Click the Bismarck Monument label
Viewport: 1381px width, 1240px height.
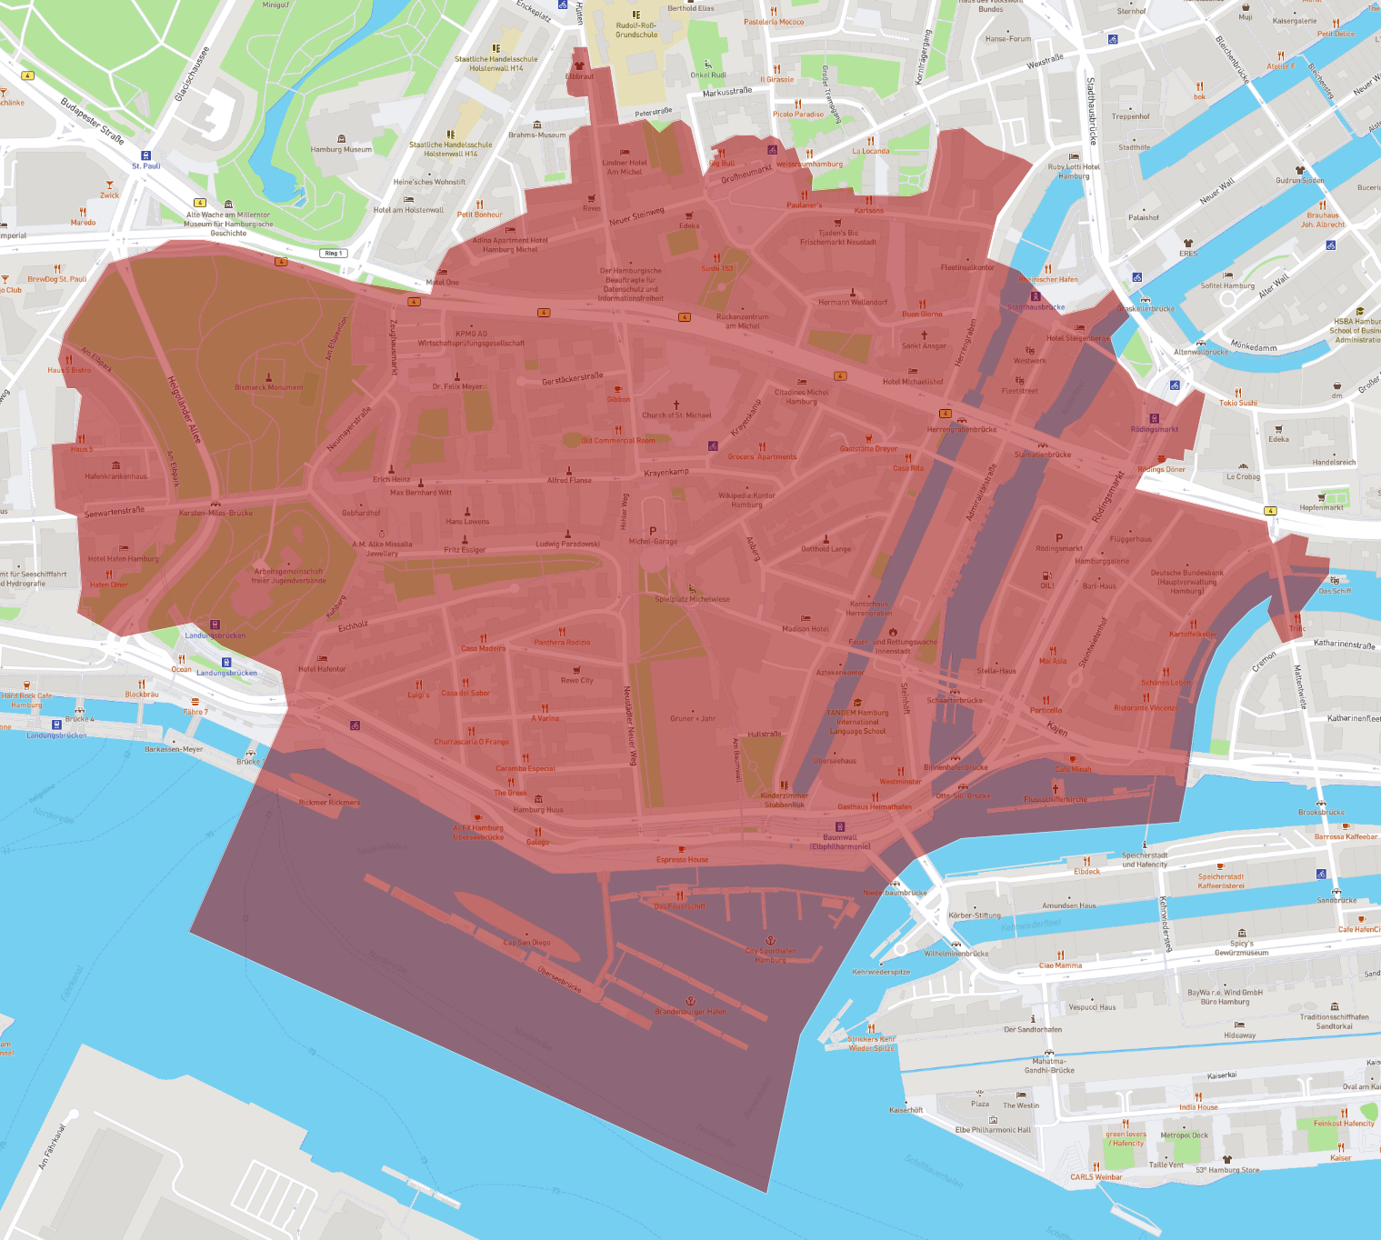[269, 387]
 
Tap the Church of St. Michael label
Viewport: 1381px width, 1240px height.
[676, 415]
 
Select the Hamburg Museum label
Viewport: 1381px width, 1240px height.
[341, 149]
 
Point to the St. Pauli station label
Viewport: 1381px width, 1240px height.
[145, 165]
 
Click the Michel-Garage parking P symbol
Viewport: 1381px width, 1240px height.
[653, 531]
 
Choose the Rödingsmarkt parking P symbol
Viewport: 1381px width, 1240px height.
[1059, 537]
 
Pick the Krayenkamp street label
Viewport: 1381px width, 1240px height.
[666, 473]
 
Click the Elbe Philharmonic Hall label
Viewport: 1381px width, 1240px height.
[993, 1130]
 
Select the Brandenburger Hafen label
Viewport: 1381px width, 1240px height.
[690, 1011]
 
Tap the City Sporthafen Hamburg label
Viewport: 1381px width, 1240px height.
[770, 955]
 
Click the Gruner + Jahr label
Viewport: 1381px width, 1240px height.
[693, 718]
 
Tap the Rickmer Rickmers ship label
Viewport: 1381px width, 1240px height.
[329, 803]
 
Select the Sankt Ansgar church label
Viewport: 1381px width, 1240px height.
[924, 345]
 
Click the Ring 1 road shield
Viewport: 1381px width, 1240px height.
[333, 253]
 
